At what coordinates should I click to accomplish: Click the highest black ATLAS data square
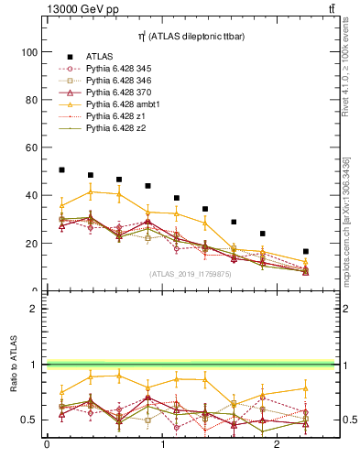pyautogui.click(x=61, y=169)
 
